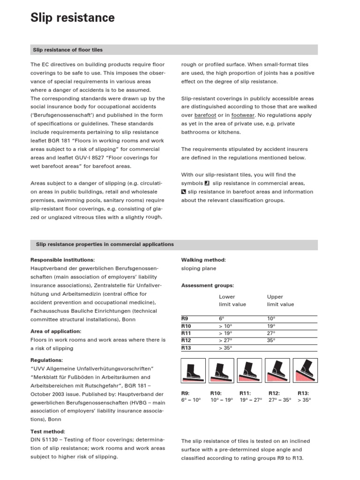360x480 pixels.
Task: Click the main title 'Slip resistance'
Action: click(x=73, y=18)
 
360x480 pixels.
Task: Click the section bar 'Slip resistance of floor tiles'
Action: click(x=67, y=50)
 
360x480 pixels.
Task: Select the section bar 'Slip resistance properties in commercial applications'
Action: click(x=103, y=245)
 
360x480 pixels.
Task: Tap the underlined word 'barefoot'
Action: click(x=205, y=114)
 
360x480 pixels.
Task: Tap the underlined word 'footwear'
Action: click(x=243, y=114)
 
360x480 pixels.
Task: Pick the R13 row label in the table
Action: click(x=186, y=348)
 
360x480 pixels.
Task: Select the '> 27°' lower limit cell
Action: click(x=226, y=340)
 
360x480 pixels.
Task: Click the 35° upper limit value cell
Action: click(x=271, y=340)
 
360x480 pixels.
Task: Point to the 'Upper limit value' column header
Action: click(x=280, y=300)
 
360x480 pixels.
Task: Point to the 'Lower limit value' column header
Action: click(x=232, y=300)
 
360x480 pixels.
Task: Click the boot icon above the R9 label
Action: click(x=193, y=370)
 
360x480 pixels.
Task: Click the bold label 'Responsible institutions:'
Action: click(x=62, y=260)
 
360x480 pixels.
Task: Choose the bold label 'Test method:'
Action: click(x=48, y=431)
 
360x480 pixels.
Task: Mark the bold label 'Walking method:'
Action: click(x=203, y=260)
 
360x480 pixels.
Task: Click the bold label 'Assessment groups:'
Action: click(x=207, y=285)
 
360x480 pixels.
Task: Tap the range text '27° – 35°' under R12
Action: click(x=280, y=400)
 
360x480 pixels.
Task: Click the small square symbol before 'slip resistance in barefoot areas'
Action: click(x=184, y=192)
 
